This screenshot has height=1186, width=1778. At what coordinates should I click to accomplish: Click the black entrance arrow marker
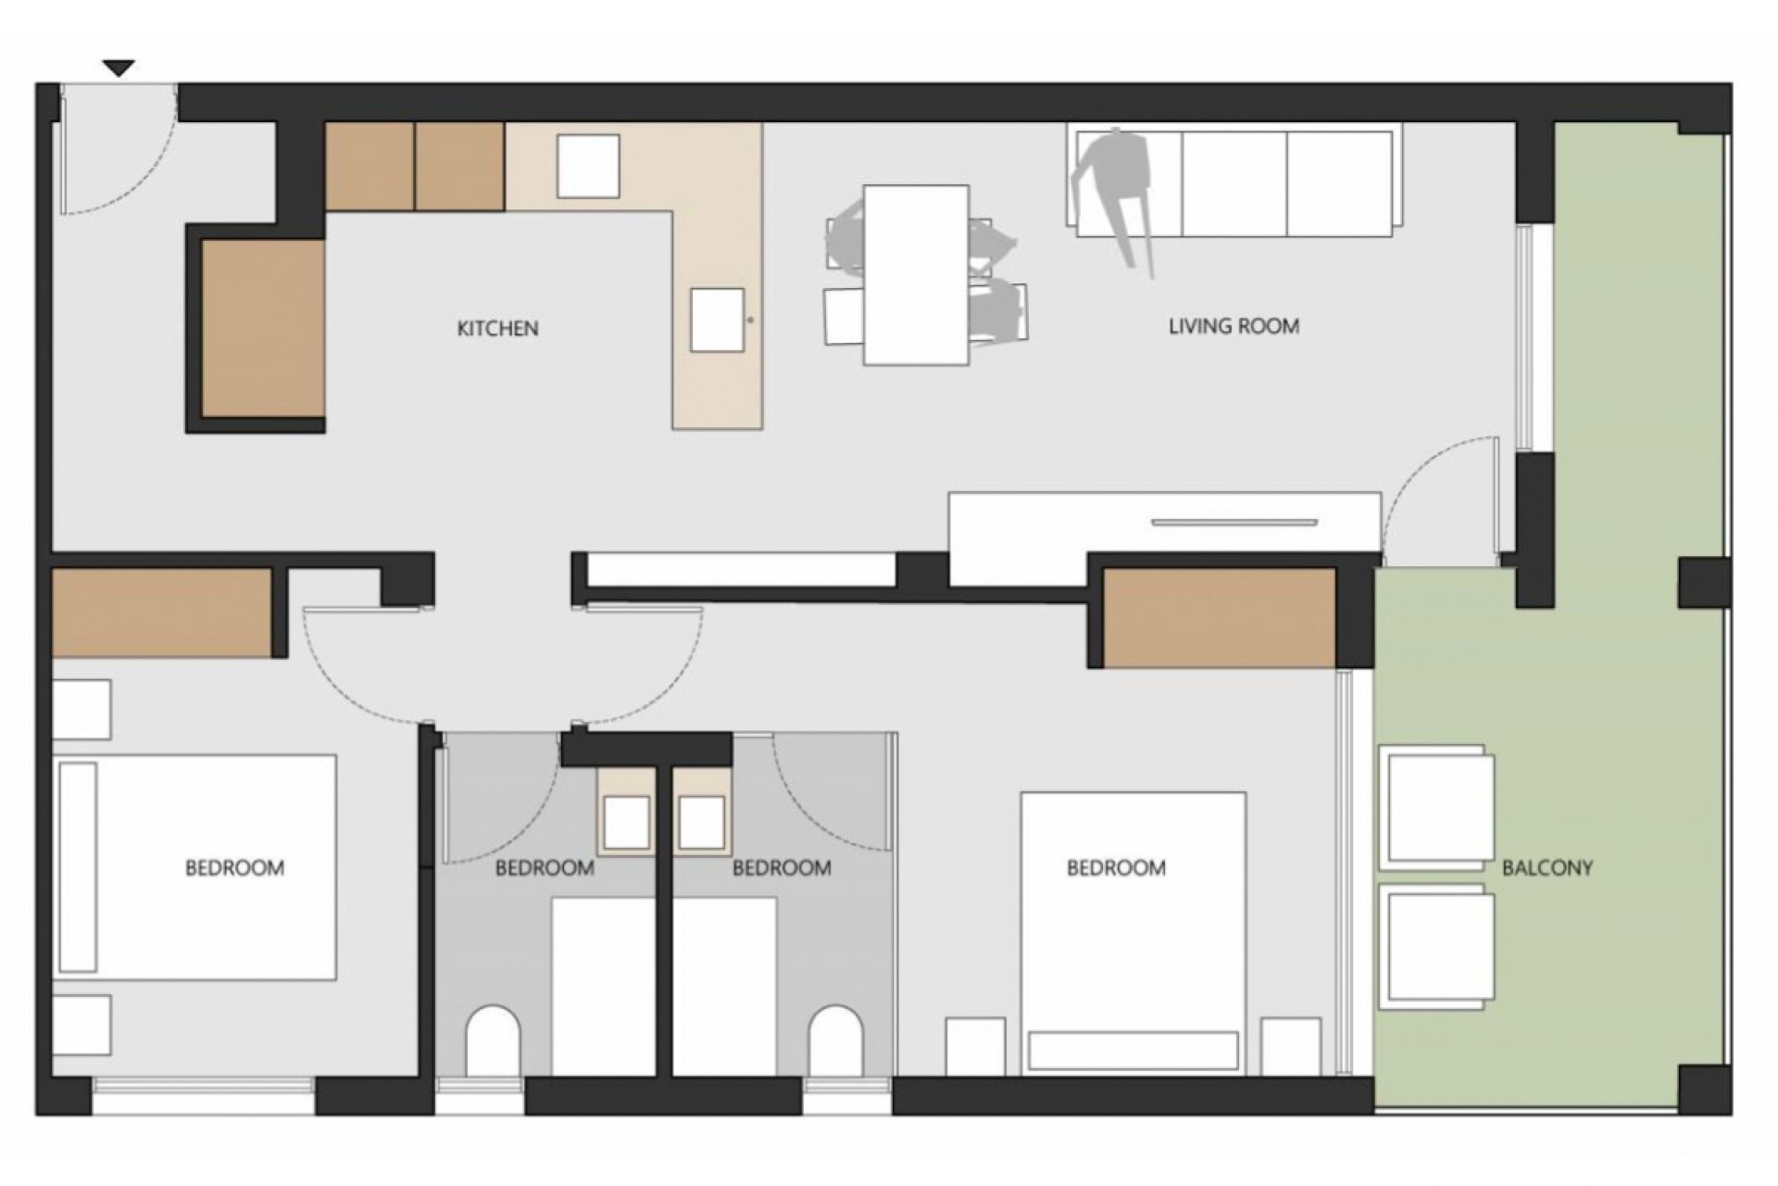point(119,69)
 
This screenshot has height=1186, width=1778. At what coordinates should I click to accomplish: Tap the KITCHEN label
point(497,328)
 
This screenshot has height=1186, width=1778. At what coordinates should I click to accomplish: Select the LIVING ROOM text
point(1233,326)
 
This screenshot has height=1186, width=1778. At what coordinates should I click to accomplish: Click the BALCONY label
point(1546,868)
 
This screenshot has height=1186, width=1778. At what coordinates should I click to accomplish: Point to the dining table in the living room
point(917,275)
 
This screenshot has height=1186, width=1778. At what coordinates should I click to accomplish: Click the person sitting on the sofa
point(1116,190)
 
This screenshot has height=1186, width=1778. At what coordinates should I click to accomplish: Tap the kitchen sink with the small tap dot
point(718,320)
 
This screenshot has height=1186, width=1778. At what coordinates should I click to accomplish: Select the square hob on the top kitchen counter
point(588,166)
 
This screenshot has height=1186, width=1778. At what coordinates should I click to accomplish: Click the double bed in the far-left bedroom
point(195,867)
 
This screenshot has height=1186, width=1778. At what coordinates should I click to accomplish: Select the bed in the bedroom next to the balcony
point(1133,933)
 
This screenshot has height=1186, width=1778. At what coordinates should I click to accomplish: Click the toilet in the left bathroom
point(494,1041)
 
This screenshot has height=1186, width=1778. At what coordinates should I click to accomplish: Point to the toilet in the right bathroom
point(836,1041)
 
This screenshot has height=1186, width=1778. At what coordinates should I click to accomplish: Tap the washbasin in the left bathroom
point(625,822)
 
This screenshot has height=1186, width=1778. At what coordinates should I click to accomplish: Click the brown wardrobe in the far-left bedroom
point(162,613)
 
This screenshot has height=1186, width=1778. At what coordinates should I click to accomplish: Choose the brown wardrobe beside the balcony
point(1220,618)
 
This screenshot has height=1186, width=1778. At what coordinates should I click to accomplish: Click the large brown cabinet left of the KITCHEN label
point(264,328)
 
